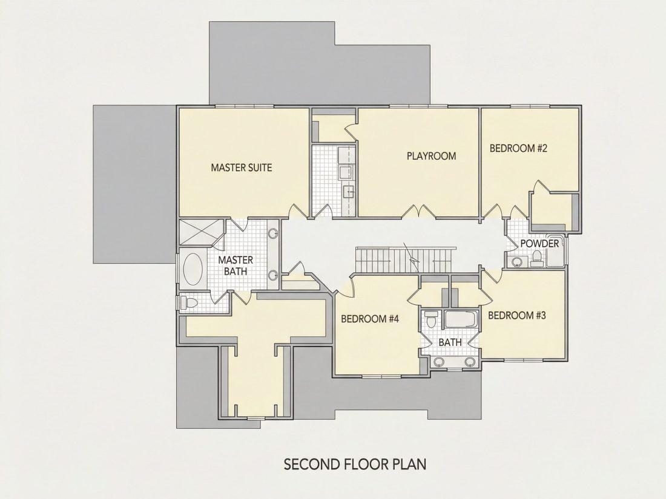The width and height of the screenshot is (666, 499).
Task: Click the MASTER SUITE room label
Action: pos(241,168)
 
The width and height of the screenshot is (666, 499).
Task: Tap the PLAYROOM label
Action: pos(431,156)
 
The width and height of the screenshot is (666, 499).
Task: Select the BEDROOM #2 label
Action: pos(518,149)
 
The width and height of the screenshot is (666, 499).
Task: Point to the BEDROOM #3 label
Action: pos(516,315)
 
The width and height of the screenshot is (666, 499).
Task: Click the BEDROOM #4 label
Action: pos(369,319)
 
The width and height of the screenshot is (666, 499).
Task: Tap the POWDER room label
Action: pos(539,244)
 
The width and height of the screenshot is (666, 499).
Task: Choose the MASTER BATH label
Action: pos(236,266)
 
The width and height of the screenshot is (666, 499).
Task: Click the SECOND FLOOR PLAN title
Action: pos(355,464)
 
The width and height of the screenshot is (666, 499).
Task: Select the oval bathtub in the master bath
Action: pos(193,269)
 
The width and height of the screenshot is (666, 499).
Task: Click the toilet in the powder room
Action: pos(536,258)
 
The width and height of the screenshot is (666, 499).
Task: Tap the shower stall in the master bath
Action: pos(200,232)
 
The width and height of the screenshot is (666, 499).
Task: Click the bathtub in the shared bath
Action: pos(461,319)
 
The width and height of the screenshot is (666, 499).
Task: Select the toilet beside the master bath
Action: pos(189,303)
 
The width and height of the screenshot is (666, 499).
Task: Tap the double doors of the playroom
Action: pos(419,212)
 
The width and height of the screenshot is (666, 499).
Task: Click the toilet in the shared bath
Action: pos(431,319)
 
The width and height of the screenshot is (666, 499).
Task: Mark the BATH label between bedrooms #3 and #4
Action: pos(450,342)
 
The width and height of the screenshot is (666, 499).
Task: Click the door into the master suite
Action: pos(298,211)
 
